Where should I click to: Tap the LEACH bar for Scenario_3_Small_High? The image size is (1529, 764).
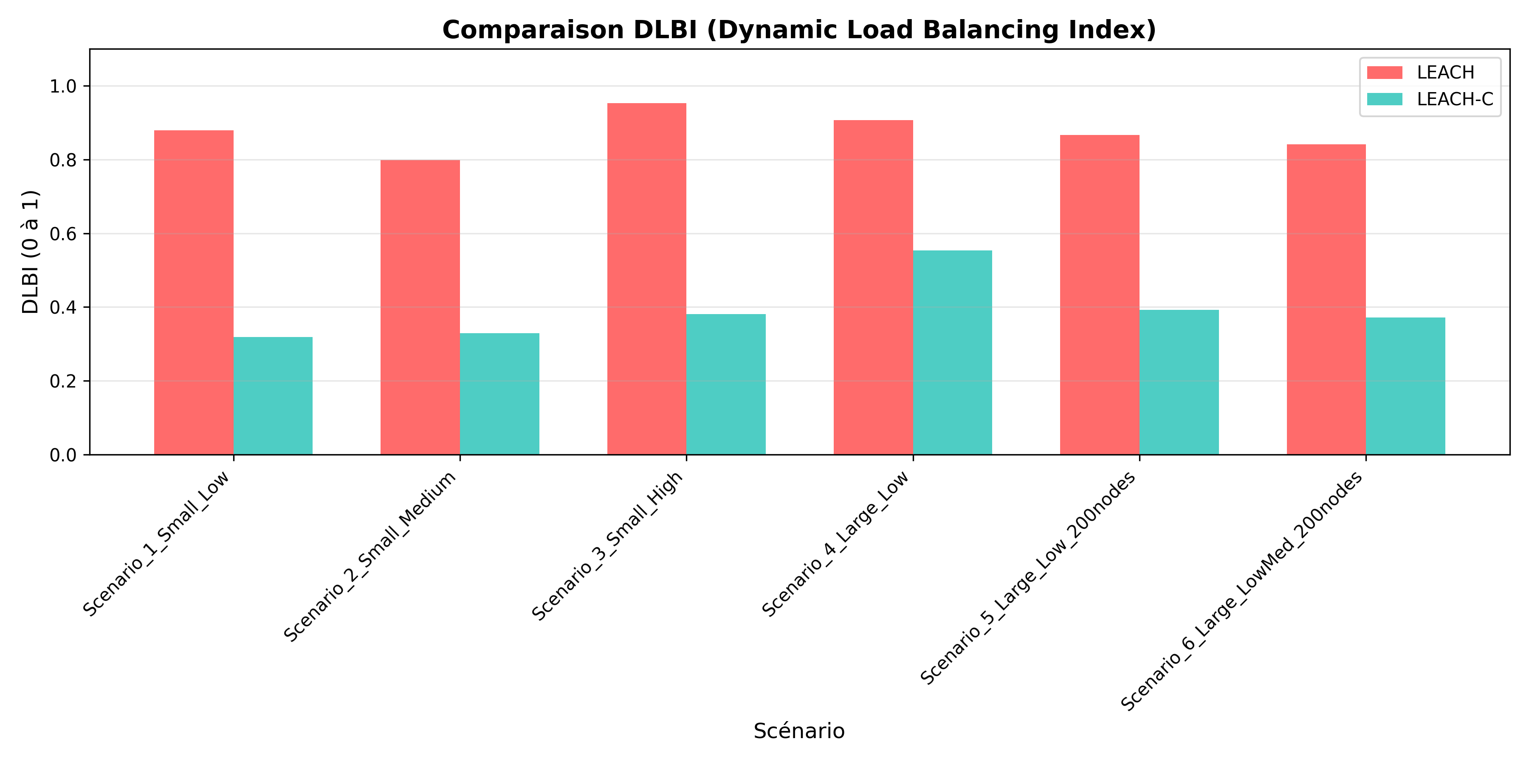pyautogui.click(x=646, y=279)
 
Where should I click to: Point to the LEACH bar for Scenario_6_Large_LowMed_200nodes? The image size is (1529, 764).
pyautogui.click(x=1326, y=300)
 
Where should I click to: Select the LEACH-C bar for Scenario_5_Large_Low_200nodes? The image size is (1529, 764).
pyautogui.click(x=1179, y=382)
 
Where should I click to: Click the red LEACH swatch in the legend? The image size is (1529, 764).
pyautogui.click(x=1385, y=72)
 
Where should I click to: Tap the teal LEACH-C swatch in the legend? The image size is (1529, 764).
pyautogui.click(x=1385, y=99)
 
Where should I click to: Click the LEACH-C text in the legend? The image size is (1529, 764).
pyautogui.click(x=1455, y=99)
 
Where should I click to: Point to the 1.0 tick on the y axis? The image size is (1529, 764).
pyautogui.click(x=64, y=87)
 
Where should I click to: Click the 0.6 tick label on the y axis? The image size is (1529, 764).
pyautogui.click(x=64, y=234)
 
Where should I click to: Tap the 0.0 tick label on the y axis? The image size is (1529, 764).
pyautogui.click(x=64, y=455)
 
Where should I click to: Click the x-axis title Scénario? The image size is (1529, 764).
pyautogui.click(x=799, y=731)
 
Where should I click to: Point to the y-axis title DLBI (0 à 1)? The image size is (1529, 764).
pyautogui.click(x=31, y=252)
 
